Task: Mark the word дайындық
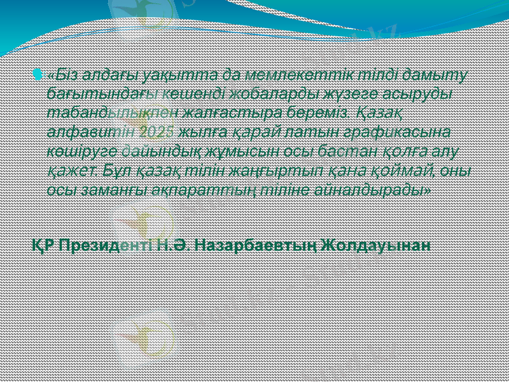pos(154,152)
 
